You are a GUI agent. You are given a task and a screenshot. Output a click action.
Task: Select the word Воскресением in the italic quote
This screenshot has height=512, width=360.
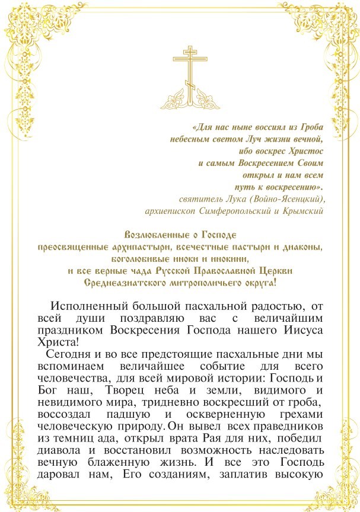[x=259, y=163]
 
